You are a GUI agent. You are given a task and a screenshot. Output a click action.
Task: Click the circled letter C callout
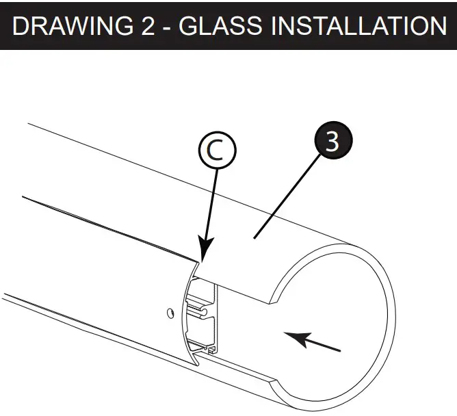click(217, 153)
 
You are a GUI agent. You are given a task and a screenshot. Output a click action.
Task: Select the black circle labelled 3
click(331, 142)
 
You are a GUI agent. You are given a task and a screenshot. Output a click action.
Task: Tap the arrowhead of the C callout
click(205, 255)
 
